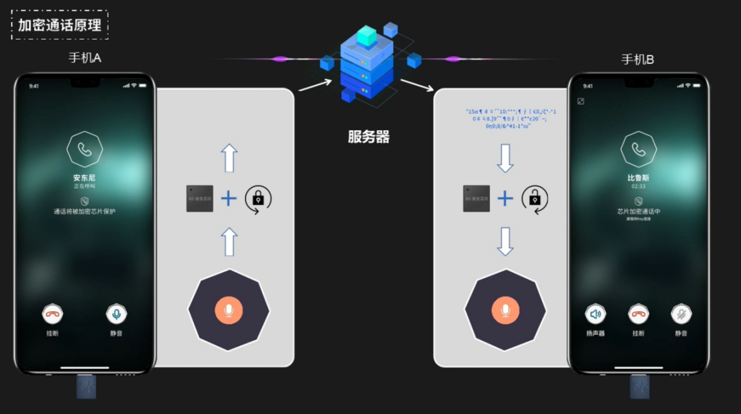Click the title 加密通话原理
pyautogui.click(x=60, y=25)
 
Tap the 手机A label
pyautogui.click(x=84, y=58)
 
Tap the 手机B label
pyautogui.click(x=637, y=59)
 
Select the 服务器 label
pyautogui.click(x=368, y=137)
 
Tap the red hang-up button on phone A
pyautogui.click(x=52, y=314)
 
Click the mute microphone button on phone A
pyautogui.click(x=117, y=314)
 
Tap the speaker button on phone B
pyautogui.click(x=595, y=314)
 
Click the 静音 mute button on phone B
pyautogui.click(x=681, y=314)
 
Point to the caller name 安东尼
pyautogui.click(x=84, y=177)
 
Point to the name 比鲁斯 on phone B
pyautogui.click(x=638, y=177)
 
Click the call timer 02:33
pyautogui.click(x=638, y=186)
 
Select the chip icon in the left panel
pyautogui.click(x=200, y=198)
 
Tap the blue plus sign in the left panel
pyautogui.click(x=228, y=198)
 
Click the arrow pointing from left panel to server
pyautogui.click(x=315, y=84)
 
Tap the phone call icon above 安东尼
pyautogui.click(x=84, y=149)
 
